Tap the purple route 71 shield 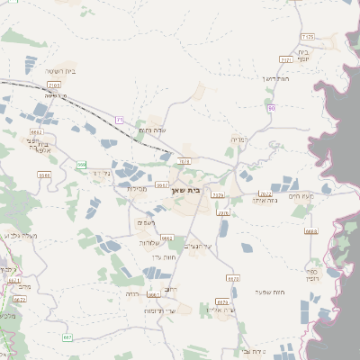[119, 119]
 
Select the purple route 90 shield [271, 108]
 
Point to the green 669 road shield [81, 166]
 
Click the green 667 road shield [67, 337]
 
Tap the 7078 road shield [184, 162]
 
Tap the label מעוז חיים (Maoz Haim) [301, 195]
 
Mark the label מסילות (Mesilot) [137, 189]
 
